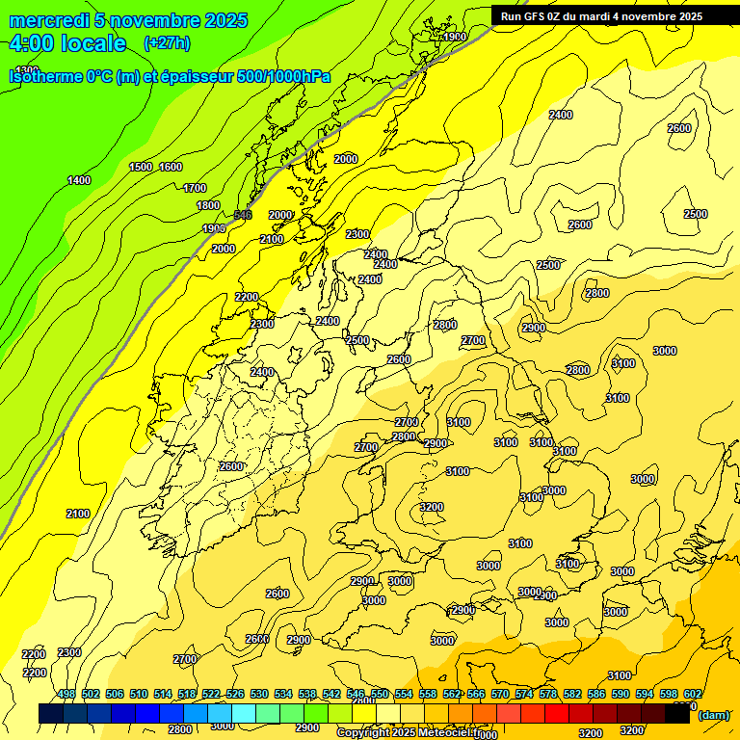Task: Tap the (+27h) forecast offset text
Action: (x=166, y=42)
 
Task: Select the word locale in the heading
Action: (x=92, y=43)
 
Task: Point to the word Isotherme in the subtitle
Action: (x=44, y=75)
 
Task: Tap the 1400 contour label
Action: (x=79, y=180)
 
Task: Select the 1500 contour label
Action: (x=141, y=167)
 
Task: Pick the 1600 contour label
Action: (x=171, y=167)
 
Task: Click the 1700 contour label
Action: (x=195, y=188)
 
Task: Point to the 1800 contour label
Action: (x=208, y=205)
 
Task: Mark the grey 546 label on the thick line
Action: (x=243, y=214)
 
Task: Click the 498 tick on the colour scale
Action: (x=66, y=695)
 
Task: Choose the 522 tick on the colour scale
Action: (x=211, y=695)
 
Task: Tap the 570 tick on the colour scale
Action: (x=500, y=695)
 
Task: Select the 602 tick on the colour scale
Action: (x=693, y=695)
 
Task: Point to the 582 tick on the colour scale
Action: (x=572, y=695)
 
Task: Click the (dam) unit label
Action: (x=714, y=714)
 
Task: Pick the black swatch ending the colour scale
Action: (x=677, y=713)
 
